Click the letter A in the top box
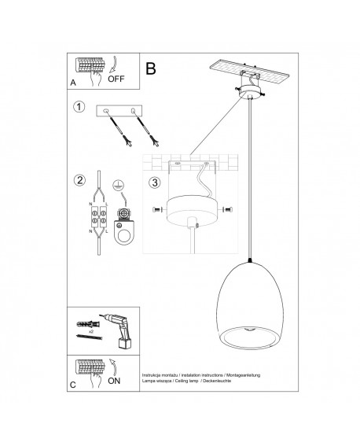72,82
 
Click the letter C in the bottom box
72,385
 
